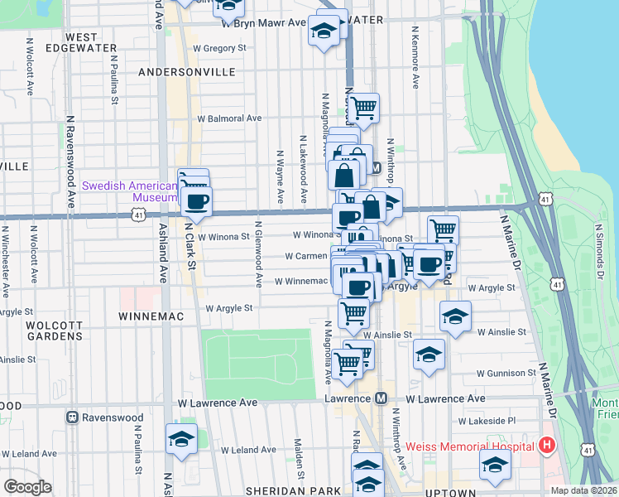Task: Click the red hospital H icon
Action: (x=546, y=446)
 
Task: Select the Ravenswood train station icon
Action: (x=72, y=417)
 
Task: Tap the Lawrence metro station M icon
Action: (x=380, y=398)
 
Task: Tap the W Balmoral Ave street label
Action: (x=228, y=118)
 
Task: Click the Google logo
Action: (x=28, y=487)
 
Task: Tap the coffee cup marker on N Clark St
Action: (x=196, y=201)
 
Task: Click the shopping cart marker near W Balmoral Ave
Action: (x=362, y=107)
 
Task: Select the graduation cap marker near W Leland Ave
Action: (x=181, y=438)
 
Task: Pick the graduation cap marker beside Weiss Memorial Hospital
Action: (x=495, y=466)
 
